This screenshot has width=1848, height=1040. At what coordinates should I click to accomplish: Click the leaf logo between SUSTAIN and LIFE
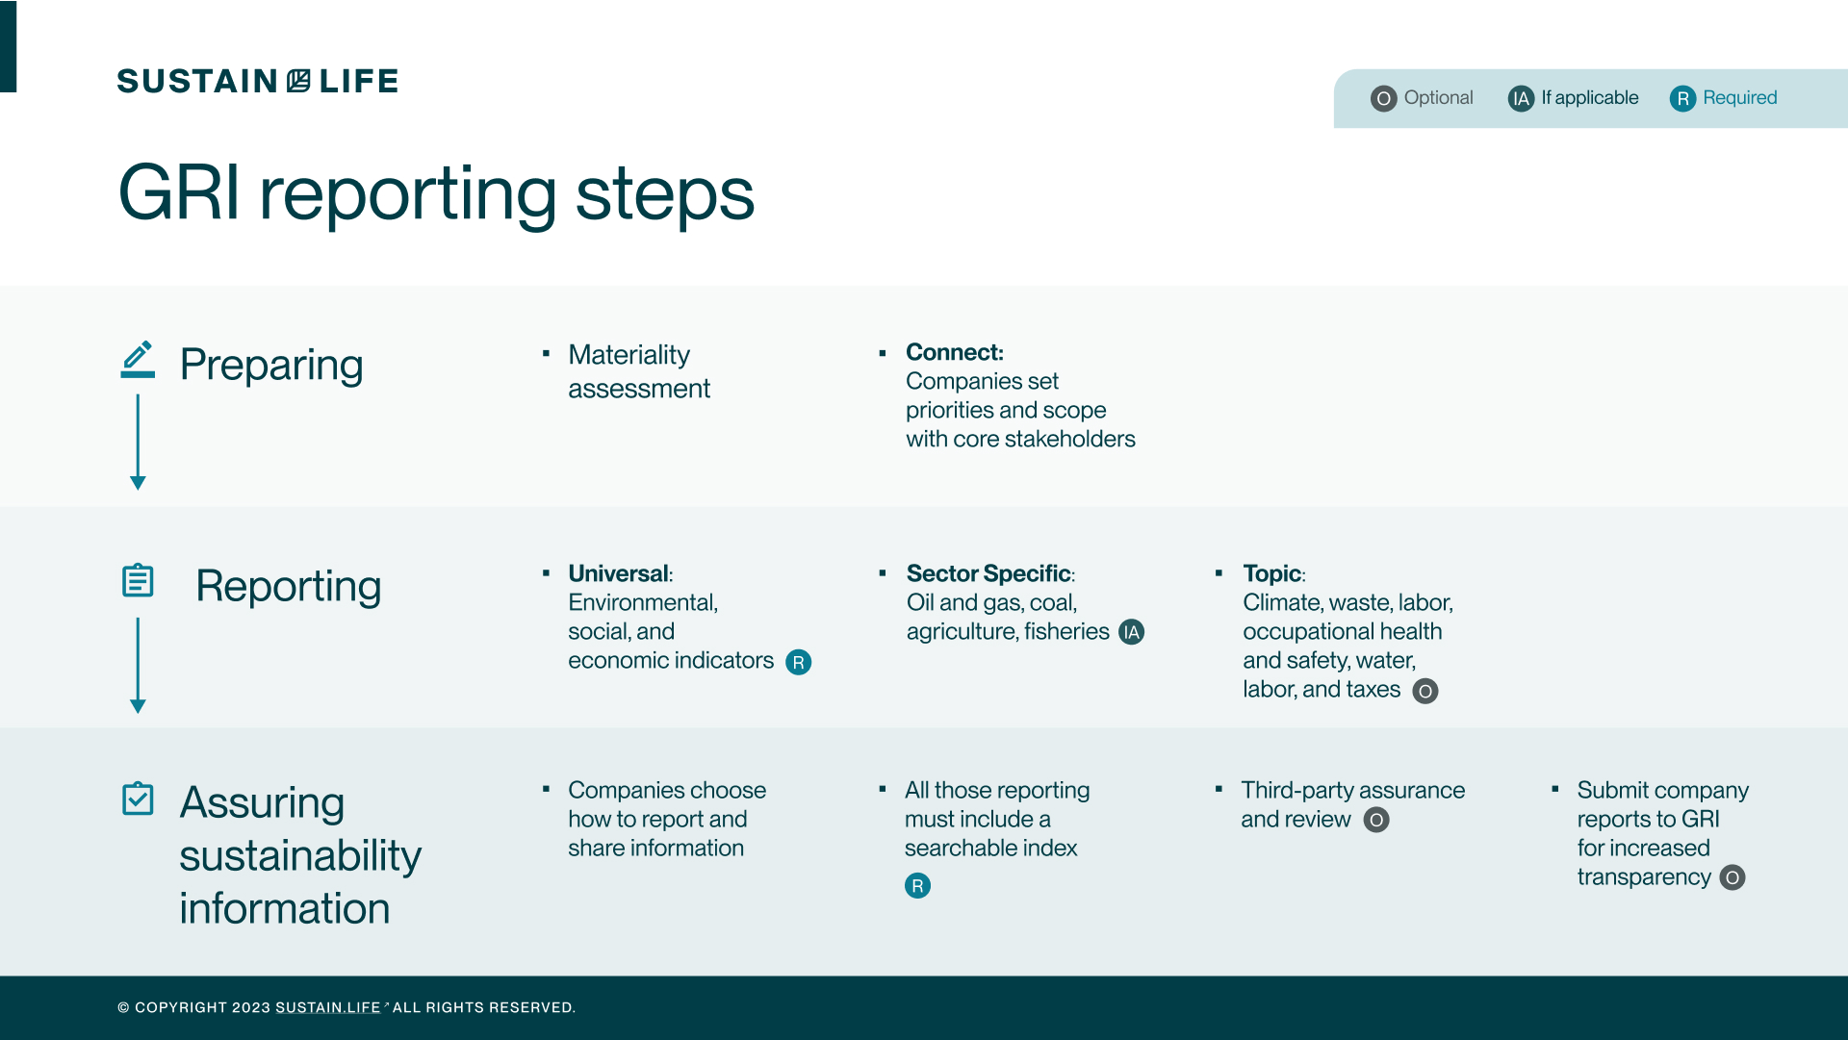tap(298, 81)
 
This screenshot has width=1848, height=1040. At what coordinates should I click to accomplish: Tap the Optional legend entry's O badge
tap(1383, 98)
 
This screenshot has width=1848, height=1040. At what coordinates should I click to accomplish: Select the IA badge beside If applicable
tap(1521, 98)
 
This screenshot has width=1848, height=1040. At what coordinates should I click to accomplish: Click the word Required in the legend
tap(1739, 97)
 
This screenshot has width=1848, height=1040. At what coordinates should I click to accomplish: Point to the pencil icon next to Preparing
tap(138, 359)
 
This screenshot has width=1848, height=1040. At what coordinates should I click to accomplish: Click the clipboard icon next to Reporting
tap(138, 580)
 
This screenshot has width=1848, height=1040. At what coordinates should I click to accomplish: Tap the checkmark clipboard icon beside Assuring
tap(138, 798)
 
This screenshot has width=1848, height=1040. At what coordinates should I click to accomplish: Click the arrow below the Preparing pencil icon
tap(138, 443)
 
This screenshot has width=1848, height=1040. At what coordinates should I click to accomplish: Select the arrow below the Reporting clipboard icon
tap(138, 665)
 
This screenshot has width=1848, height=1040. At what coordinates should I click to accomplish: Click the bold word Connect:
tap(954, 352)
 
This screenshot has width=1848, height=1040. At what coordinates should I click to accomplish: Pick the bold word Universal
tap(618, 573)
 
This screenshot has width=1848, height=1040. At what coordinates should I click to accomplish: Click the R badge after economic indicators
tap(798, 662)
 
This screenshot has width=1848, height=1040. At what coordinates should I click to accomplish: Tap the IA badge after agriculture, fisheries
tap(1131, 632)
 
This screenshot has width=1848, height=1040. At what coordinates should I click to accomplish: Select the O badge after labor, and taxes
tap(1424, 691)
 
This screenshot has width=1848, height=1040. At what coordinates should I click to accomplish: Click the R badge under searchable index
tap(917, 885)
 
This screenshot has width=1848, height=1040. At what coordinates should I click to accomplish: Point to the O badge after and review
tap(1376, 820)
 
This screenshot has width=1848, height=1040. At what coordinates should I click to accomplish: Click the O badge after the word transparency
tap(1732, 877)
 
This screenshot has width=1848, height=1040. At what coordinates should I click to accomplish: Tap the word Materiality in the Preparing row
tap(629, 355)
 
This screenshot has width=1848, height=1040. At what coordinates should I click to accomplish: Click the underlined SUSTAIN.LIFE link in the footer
tap(327, 1007)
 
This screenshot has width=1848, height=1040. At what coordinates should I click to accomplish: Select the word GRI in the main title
tap(178, 193)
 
